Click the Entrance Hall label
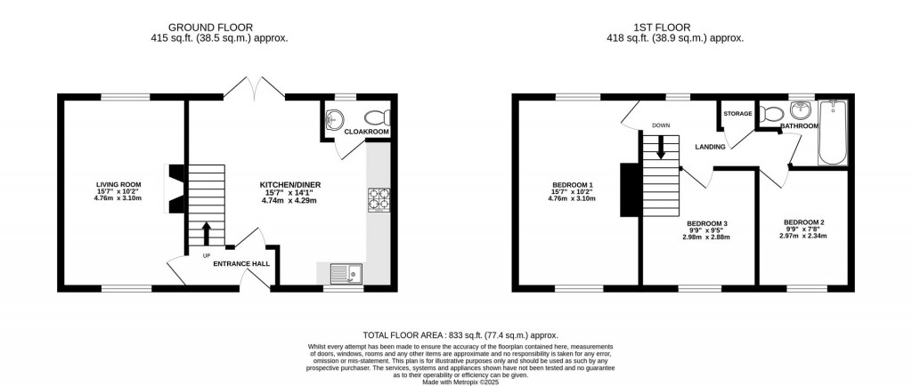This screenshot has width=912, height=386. coord(240,263)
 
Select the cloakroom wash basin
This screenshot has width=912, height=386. coord(335,120)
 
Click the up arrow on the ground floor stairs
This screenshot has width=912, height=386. coord(207,233)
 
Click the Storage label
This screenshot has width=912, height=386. coord(737,114)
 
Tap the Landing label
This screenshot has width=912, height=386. coord(710,147)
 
